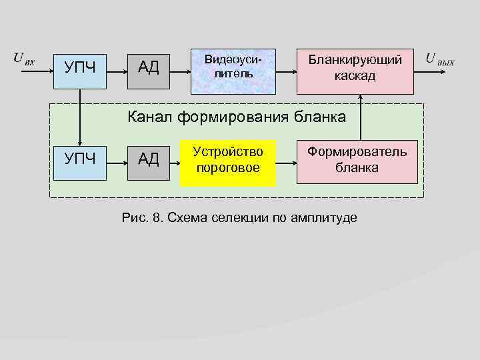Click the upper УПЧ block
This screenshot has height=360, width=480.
click(x=80, y=67)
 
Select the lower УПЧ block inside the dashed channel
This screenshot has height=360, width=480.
click(x=80, y=159)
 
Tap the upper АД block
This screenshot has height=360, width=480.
click(x=148, y=67)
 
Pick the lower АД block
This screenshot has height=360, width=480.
click(x=148, y=159)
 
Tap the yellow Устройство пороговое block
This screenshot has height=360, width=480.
click(x=227, y=159)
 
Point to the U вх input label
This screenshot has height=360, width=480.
click(x=24, y=58)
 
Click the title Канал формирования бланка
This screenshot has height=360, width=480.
click(x=237, y=118)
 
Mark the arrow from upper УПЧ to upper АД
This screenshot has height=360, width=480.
click(x=118, y=67)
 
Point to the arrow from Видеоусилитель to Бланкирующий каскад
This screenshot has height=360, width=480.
click(x=286, y=67)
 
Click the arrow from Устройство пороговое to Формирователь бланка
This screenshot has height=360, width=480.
click(x=286, y=161)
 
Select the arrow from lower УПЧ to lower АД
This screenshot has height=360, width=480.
click(x=118, y=161)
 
